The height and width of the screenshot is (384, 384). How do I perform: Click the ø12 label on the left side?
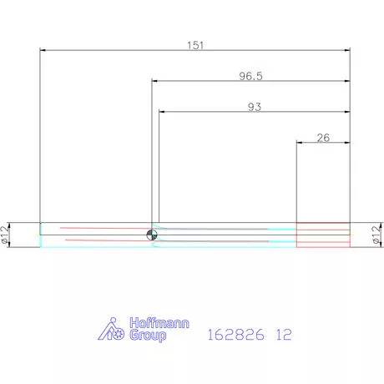pos(7,234)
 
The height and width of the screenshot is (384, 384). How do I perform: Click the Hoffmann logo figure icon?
pos(110,330)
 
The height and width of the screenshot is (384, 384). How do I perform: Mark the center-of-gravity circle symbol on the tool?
pos(150,235)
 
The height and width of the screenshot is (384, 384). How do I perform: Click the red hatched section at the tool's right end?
pos(323,235)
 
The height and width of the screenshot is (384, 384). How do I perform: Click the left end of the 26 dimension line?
pos(297,143)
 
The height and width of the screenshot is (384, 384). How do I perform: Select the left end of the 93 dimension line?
pos(159,112)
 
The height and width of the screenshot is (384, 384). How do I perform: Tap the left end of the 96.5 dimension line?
pos(152,81)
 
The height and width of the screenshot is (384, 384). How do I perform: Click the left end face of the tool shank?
pos(40,235)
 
